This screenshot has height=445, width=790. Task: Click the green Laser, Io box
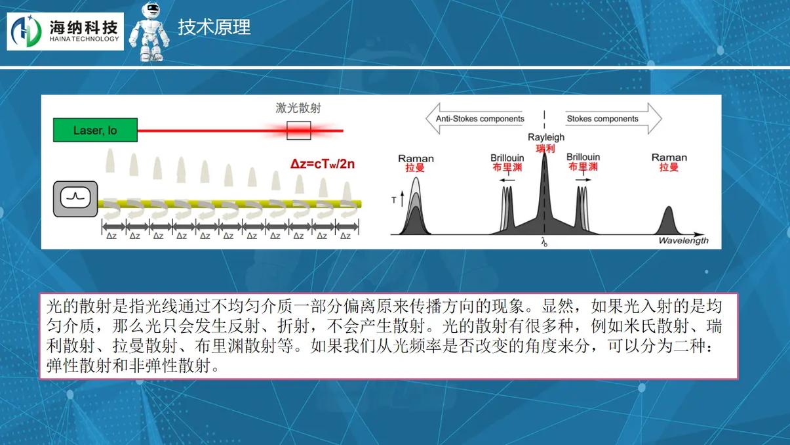coord(95,131)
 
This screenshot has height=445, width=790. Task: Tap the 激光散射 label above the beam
coord(298,108)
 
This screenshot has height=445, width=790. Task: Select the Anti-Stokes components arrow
coord(475,119)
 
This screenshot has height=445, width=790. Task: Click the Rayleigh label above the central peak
coord(545,138)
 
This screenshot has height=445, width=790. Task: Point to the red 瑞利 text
coord(545,148)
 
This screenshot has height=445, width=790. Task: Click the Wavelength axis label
coord(683,241)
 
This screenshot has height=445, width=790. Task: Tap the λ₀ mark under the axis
coord(544,242)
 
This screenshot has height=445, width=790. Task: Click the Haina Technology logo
coord(65,31)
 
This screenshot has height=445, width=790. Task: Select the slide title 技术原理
coord(214,28)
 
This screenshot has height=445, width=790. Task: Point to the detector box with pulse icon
coord(75,199)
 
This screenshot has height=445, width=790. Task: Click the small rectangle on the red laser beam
coord(298,131)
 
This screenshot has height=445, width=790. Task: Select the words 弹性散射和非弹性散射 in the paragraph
coord(132,366)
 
